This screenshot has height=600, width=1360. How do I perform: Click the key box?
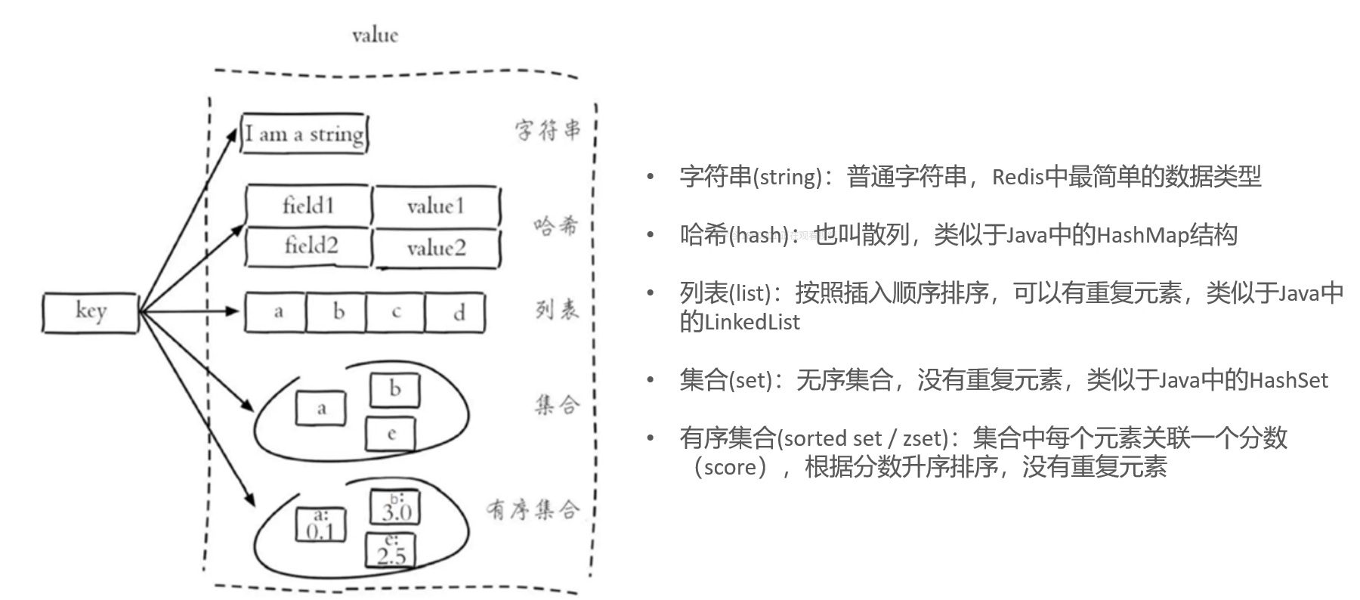tap(90, 312)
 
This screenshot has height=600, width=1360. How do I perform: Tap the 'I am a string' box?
tap(304, 134)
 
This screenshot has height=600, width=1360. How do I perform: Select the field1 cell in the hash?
tap(308, 205)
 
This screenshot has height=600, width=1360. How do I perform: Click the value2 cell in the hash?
tap(437, 248)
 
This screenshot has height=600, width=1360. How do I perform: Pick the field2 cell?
tap(310, 246)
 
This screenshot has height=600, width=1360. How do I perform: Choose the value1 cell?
tap(435, 206)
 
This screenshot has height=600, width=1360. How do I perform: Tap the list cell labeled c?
tap(396, 312)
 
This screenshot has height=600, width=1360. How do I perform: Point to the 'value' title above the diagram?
tap(375, 35)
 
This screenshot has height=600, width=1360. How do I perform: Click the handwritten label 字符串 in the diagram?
tap(549, 129)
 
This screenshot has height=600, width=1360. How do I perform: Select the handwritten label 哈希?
tap(555, 225)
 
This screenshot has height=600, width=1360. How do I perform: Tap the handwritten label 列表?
tap(557, 309)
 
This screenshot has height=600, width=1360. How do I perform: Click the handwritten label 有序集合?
tap(533, 509)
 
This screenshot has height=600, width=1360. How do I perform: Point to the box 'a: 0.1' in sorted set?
tap(320, 524)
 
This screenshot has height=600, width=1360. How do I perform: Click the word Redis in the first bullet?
tap(1018, 177)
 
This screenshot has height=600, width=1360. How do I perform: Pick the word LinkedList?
tap(752, 323)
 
